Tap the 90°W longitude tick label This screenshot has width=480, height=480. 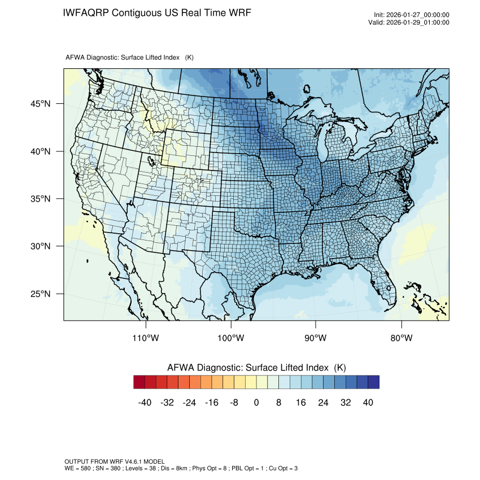point(316,338)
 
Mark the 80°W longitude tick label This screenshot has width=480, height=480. point(401,338)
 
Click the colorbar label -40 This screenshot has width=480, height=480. point(144,403)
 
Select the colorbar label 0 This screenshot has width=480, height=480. point(256,403)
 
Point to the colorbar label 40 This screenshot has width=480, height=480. point(368,403)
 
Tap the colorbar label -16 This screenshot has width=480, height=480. point(212,403)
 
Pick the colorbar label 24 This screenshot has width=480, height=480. point(324,403)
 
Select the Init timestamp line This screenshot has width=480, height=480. point(412,15)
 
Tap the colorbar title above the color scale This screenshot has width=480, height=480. point(256,367)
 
